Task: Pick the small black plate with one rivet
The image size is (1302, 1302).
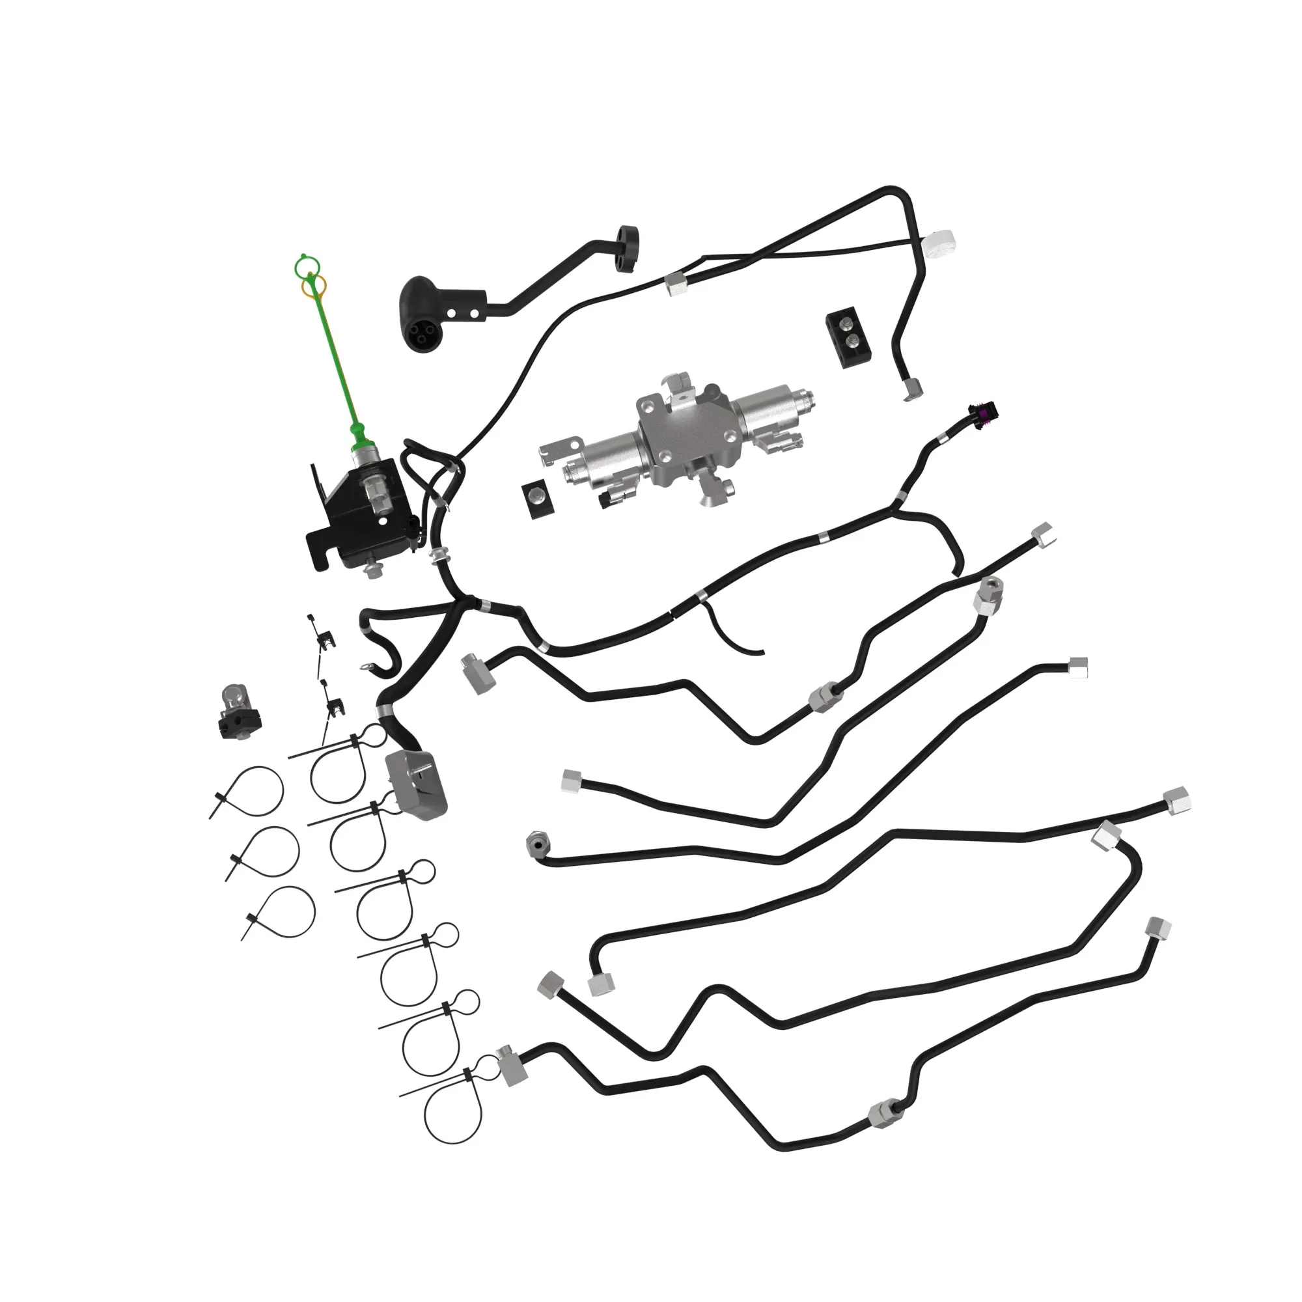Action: coord(536,500)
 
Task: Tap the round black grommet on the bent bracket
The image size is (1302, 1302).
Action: coord(628,247)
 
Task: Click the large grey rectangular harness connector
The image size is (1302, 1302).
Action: coord(416,785)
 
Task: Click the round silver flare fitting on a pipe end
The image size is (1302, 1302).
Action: coord(537,843)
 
